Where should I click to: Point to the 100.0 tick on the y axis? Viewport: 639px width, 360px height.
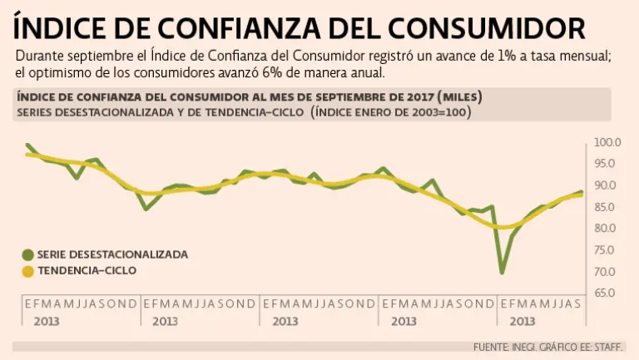608,142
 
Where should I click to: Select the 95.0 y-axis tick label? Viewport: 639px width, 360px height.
608,164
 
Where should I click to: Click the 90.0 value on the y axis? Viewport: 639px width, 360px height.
608,185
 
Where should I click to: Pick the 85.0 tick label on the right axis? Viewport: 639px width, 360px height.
608,207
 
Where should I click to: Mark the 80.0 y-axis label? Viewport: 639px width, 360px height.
608,229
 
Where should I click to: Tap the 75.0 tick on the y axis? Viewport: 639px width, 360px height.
608,250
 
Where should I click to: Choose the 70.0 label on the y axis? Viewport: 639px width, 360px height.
608,272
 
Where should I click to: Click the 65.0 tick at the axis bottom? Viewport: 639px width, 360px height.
608,293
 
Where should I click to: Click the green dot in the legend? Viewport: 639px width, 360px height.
27,254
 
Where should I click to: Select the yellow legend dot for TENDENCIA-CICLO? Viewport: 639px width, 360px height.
27,271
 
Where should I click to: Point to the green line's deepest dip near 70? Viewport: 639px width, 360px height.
502,271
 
